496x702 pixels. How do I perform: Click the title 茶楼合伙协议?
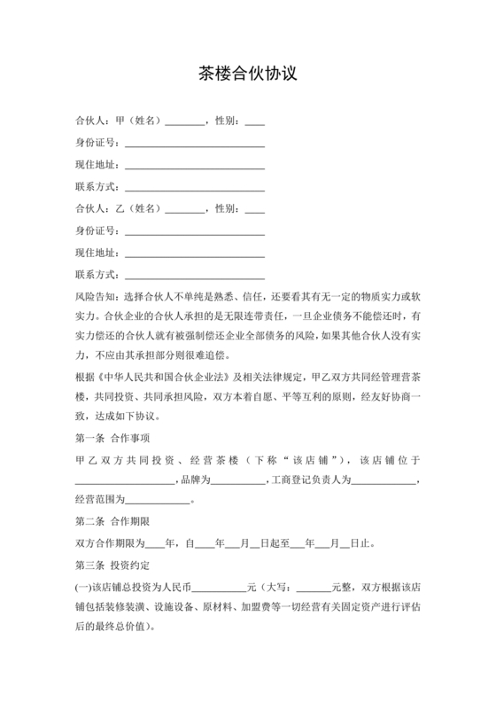click(247, 74)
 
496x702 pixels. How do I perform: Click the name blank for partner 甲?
click(184, 121)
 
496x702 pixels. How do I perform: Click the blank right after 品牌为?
click(238, 480)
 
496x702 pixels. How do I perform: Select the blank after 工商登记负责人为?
click(384, 480)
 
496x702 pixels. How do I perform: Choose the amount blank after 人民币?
click(220, 587)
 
